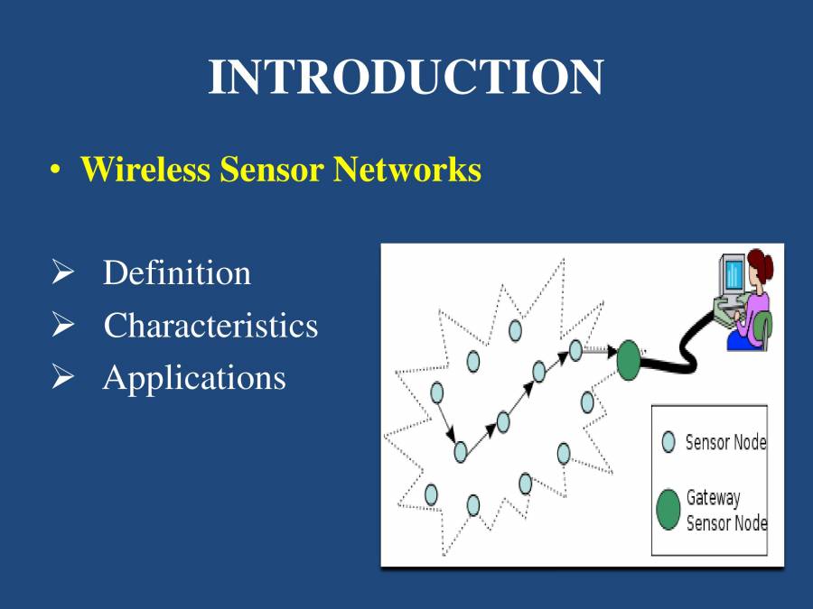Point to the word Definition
pos(177,272)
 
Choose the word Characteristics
pos(210,325)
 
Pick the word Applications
pos(194,377)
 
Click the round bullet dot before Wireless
pos(56,171)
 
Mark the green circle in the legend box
pos(668,510)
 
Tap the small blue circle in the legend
pos(668,442)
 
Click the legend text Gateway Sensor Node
pos(725,510)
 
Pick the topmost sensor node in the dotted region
pos(515,330)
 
